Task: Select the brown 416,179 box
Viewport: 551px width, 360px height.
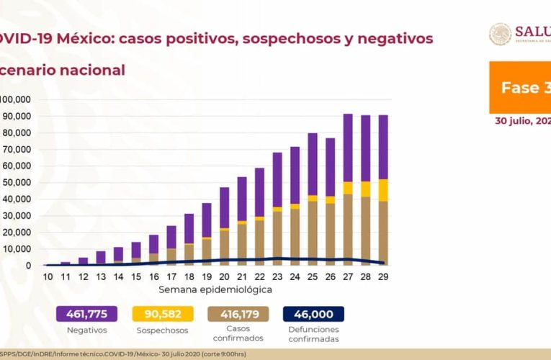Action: (238, 314)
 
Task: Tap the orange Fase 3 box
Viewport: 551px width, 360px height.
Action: (520, 87)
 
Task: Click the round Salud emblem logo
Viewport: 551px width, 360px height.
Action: (501, 35)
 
